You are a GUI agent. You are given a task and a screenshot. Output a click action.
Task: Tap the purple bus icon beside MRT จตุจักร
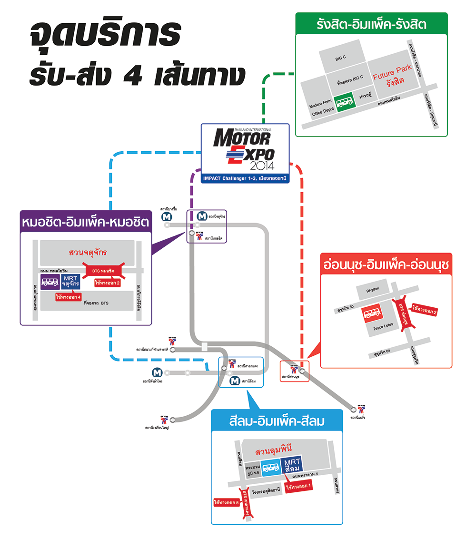tap(50, 282)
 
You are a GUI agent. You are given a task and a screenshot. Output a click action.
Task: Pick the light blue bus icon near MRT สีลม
tap(271, 468)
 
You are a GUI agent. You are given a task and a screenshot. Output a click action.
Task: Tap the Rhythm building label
tap(372, 290)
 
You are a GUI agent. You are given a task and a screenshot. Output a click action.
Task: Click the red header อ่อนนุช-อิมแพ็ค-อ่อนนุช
tap(386, 264)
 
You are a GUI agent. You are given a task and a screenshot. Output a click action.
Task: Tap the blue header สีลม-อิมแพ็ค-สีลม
tap(277, 421)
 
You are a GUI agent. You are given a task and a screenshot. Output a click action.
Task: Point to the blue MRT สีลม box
tap(292, 466)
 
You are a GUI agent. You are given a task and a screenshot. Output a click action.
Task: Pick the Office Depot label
tap(324, 113)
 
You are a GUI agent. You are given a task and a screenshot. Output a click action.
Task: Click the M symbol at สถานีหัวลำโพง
tap(156, 372)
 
